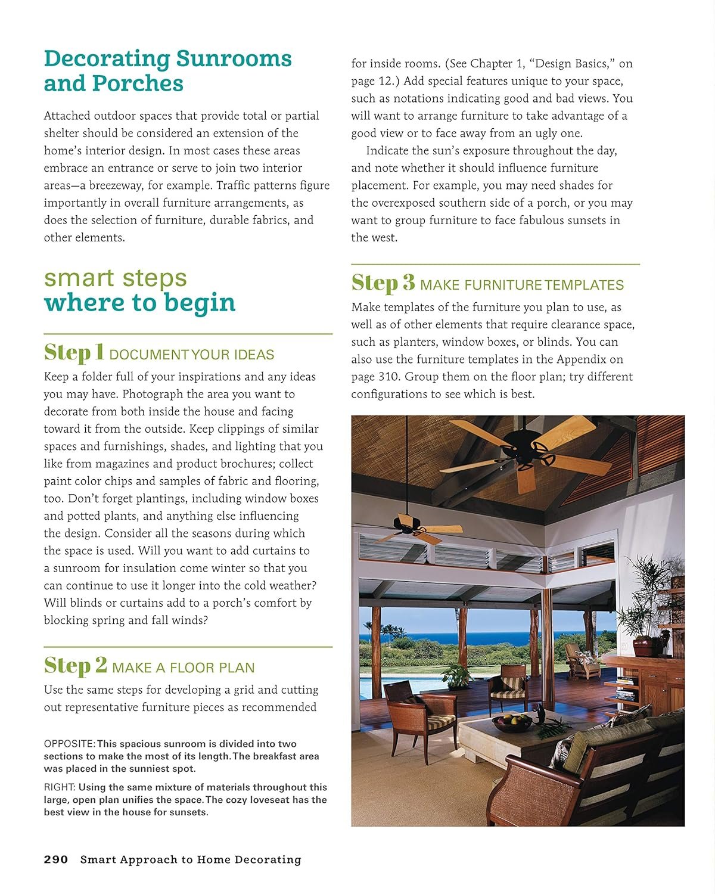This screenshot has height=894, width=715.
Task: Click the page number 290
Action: [x=56, y=859]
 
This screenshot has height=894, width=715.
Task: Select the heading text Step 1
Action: [x=74, y=352]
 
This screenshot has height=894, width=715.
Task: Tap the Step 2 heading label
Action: [x=76, y=665]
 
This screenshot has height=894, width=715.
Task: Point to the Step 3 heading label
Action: [x=383, y=283]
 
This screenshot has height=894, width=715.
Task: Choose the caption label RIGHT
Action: [x=60, y=787]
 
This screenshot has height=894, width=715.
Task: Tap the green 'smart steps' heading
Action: [x=116, y=278]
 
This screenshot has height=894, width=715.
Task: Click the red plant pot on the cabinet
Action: [x=643, y=646]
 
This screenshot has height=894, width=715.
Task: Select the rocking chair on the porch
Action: [x=582, y=661]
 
